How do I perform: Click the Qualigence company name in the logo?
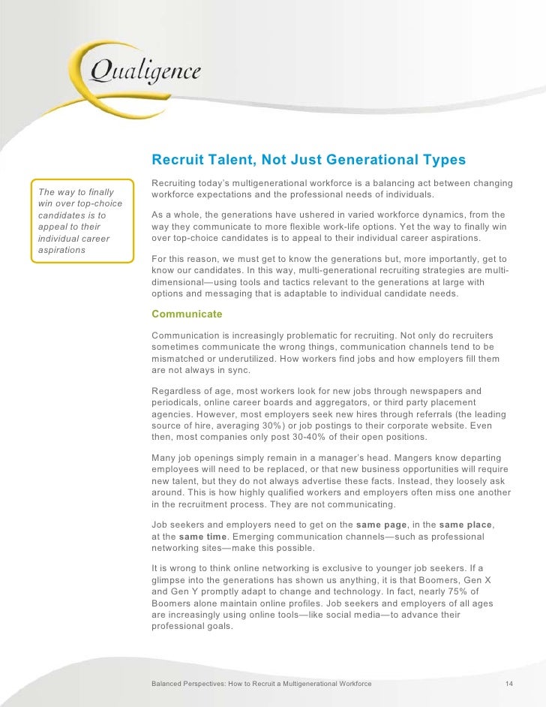pos(145,72)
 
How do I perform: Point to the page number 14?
pos(509,684)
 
